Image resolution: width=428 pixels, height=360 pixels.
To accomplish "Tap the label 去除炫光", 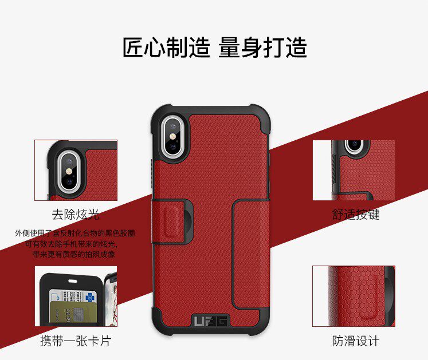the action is (76, 215).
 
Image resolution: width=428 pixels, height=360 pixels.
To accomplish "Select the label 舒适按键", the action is (356, 215).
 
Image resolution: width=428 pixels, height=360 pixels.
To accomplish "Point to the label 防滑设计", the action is (356, 341).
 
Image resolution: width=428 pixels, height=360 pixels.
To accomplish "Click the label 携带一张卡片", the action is (75, 341).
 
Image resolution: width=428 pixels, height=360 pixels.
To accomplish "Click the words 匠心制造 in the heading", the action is (166, 48).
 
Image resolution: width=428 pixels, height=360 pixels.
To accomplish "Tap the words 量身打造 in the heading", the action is (262, 48).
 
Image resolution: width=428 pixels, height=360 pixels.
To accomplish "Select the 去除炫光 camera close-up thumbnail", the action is (76, 170).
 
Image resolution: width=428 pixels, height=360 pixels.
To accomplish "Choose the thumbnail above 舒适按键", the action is (354, 170).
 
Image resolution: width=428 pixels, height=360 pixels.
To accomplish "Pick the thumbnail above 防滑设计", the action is (354, 296).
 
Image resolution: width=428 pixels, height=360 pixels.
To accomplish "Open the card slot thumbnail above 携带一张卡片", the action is (76, 296).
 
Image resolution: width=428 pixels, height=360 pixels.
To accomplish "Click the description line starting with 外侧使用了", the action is (75, 234).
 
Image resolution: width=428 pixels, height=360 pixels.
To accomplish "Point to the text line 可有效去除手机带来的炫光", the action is (75, 244).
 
